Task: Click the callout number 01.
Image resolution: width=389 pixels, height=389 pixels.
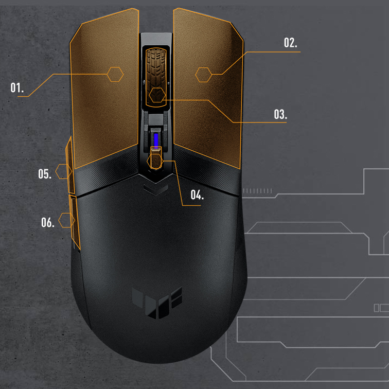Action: point(17,88)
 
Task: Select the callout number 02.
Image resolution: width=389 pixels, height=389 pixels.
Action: point(291,43)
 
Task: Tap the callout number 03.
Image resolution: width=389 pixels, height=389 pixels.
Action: point(280,114)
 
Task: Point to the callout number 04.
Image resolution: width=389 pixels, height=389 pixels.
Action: point(197,194)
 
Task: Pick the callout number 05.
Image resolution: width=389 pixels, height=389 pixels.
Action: point(45,174)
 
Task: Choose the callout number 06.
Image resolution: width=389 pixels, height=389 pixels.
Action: point(48,222)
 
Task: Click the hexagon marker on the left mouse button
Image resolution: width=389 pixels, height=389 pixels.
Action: point(115,74)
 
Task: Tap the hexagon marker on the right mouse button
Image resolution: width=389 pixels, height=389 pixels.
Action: point(204,75)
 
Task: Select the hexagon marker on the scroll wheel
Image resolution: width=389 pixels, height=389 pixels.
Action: point(157,95)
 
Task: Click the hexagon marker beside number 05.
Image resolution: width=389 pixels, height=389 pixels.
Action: point(63,171)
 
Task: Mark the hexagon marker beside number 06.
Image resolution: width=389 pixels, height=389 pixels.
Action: point(66,220)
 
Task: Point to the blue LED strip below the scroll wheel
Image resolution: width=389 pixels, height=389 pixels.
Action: point(156,140)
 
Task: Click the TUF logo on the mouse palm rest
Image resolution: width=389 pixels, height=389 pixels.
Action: point(157,303)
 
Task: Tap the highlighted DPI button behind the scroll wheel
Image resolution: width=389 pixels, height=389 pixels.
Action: point(156,158)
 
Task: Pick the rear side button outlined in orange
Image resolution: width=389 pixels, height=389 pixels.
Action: point(75,222)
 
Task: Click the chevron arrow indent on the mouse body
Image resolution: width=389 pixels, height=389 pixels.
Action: point(156,190)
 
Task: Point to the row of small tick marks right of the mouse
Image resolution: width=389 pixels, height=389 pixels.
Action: point(257,191)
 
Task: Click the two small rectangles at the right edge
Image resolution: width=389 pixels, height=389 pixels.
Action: point(381,308)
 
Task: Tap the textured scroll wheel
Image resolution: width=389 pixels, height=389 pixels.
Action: point(156,77)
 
